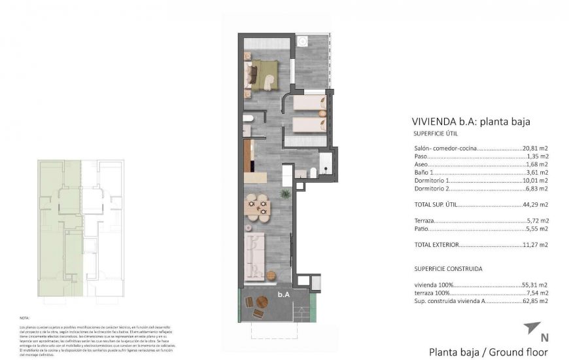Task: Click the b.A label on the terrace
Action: point(283,295)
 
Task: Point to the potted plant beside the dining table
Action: point(285,194)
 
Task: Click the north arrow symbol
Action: point(532,327)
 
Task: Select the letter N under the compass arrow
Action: point(544,338)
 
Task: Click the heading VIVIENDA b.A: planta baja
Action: point(470,121)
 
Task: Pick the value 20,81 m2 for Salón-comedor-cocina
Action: point(535,149)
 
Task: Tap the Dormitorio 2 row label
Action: point(432,189)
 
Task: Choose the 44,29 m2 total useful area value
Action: point(535,205)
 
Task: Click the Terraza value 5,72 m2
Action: point(537,221)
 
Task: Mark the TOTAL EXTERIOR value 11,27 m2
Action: point(535,245)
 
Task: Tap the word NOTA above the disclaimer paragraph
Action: point(25,317)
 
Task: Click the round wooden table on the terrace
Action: point(262,302)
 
